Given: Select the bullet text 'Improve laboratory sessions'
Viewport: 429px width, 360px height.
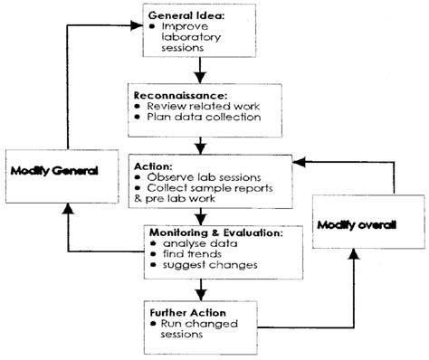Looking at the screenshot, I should point(191,38).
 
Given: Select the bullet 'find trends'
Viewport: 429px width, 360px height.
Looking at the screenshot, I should point(181,256).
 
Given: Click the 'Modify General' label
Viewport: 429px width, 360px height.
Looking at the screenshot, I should point(54,169).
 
